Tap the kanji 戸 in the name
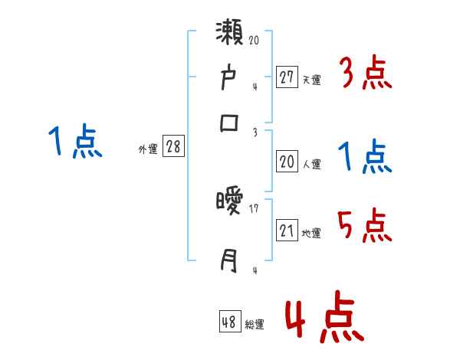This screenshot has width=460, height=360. pyautogui.click(x=230, y=79)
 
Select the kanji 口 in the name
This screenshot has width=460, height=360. pyautogui.click(x=230, y=123)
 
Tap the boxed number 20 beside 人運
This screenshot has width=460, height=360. pyautogui.click(x=287, y=162)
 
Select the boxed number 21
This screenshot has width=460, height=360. pyautogui.click(x=287, y=229)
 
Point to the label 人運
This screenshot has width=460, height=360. pyautogui.click(x=312, y=164)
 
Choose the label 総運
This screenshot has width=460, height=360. pyautogui.click(x=255, y=325)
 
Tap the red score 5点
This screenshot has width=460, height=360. pyautogui.click(x=366, y=226)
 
